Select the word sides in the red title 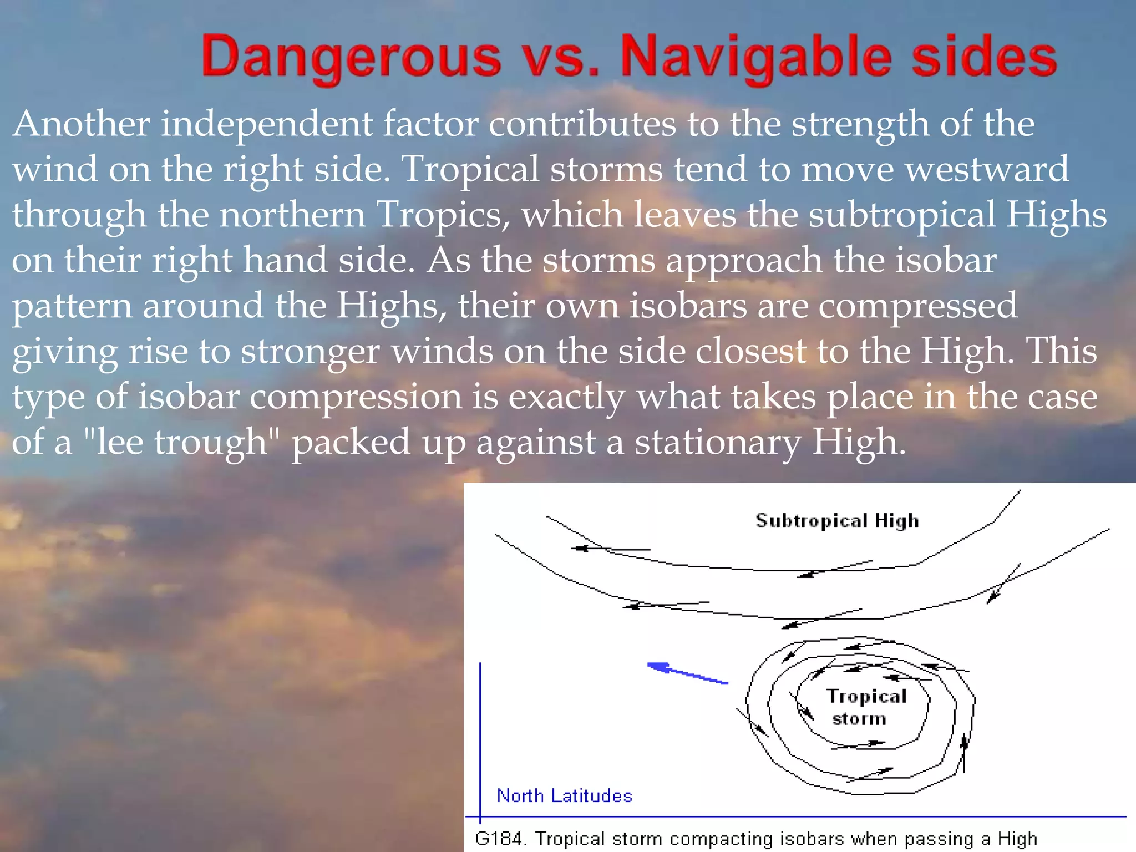click(984, 57)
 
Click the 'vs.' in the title click(561, 57)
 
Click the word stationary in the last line click(718, 442)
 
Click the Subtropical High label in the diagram click(836, 520)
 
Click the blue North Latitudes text click(564, 796)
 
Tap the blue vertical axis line click(480, 738)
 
